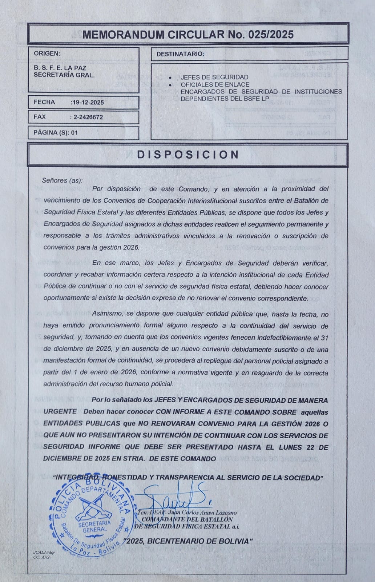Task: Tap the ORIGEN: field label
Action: click(44, 53)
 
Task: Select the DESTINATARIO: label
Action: click(180, 54)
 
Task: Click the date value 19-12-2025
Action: click(88, 103)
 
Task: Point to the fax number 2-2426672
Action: click(88, 117)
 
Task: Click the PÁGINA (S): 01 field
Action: click(56, 132)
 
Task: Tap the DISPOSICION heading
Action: click(187, 155)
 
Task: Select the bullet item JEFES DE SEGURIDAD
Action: click(214, 77)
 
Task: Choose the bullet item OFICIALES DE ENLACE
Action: click(215, 84)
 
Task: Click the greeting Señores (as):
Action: click(62, 180)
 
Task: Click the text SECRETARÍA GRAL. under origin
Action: click(64, 75)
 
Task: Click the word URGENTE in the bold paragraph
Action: click(60, 412)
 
